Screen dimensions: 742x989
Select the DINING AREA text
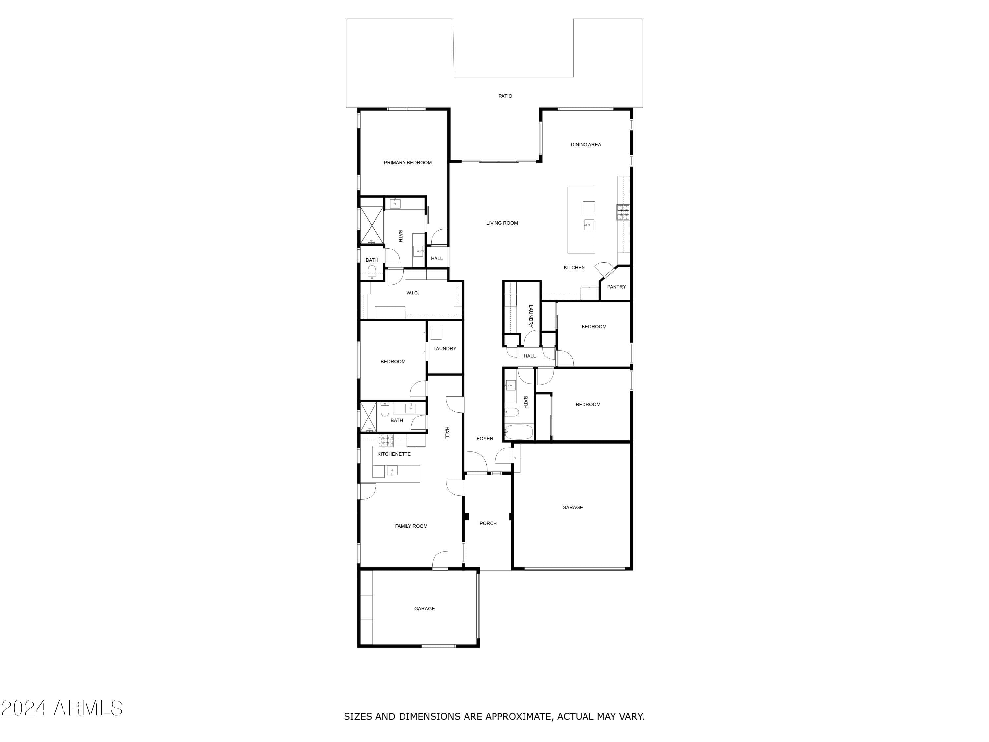[x=586, y=145]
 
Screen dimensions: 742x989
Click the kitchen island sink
[x=589, y=225]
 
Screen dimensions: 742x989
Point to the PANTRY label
[x=616, y=287]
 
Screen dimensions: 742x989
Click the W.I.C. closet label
[x=412, y=293]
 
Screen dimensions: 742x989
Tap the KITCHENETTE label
[x=394, y=454]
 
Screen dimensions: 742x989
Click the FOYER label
[x=485, y=439]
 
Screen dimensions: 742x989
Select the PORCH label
[x=488, y=523]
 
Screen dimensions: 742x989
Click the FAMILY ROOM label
[x=411, y=526]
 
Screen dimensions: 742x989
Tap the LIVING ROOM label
[x=502, y=223]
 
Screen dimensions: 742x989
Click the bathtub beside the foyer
[x=519, y=432]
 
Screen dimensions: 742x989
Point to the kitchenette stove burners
[x=386, y=441]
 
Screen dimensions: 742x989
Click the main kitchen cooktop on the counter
[x=623, y=212]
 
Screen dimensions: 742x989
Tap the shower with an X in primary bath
[x=372, y=226]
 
